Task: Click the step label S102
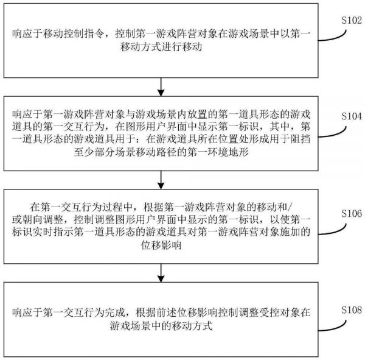[348, 19]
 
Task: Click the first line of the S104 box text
[161, 114]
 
